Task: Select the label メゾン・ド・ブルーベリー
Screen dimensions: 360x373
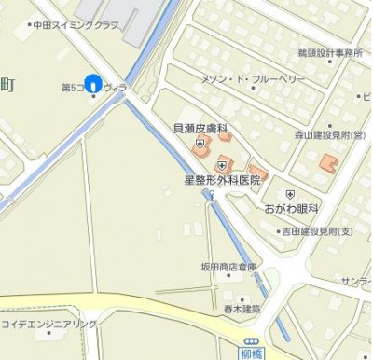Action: (x=252, y=80)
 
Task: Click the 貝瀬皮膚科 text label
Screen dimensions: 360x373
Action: (x=200, y=128)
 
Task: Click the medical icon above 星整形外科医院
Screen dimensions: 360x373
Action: (x=221, y=164)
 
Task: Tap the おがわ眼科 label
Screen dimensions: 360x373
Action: (x=292, y=210)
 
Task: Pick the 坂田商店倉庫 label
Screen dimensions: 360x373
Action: (x=228, y=267)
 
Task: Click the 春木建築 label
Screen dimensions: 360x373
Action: (x=242, y=309)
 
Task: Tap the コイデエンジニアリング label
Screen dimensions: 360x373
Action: (x=49, y=324)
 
